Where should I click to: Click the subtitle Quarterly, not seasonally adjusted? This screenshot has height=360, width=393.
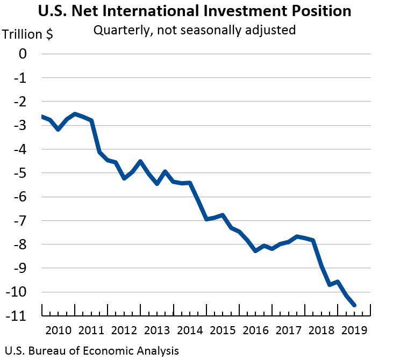195,30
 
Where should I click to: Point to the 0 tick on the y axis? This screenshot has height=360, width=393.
22,54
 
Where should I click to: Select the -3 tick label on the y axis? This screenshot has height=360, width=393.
19,125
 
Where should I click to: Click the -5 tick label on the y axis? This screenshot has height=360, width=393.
19,173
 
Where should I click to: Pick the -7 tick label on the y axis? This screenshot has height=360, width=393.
19,221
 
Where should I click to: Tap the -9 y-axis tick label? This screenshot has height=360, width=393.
19,268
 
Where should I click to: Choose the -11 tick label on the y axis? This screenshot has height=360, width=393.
17,316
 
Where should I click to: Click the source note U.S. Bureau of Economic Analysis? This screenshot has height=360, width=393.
90,351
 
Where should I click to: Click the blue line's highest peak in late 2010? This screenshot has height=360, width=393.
75,114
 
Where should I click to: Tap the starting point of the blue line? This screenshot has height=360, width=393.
42,117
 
